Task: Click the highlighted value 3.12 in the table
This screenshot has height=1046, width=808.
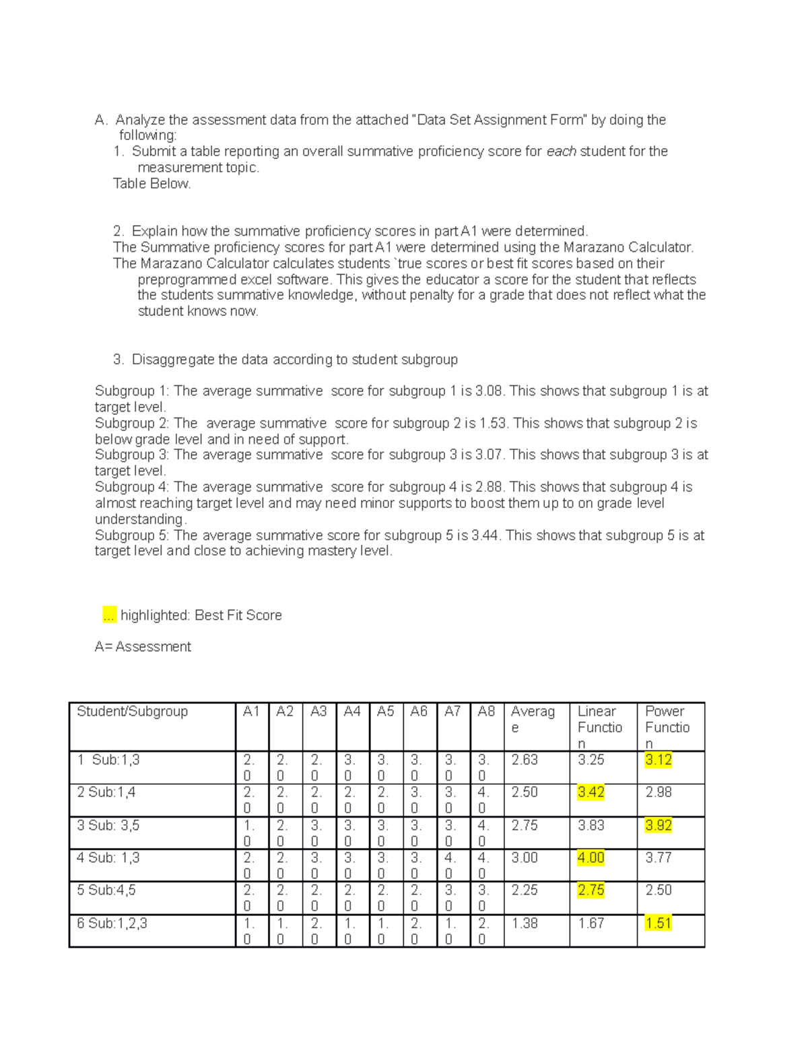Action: (x=658, y=760)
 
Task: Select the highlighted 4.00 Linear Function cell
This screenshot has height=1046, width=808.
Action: (x=591, y=857)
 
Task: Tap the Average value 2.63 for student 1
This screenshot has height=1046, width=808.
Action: (x=524, y=760)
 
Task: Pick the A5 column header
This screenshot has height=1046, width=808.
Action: (x=385, y=711)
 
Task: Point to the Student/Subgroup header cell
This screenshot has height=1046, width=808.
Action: (x=132, y=711)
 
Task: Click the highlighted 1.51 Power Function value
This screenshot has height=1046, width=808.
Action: (x=658, y=923)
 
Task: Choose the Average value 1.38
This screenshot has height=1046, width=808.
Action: (x=524, y=923)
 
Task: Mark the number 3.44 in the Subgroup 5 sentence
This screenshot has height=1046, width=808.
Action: (x=485, y=535)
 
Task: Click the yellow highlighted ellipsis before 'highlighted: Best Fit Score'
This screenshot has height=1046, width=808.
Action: (x=109, y=615)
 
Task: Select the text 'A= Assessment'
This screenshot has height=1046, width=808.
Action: (x=143, y=647)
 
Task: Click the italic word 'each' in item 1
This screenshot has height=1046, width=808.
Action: (x=561, y=152)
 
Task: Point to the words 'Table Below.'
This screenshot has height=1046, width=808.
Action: (x=151, y=183)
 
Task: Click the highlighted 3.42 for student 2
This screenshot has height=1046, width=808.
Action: (x=591, y=792)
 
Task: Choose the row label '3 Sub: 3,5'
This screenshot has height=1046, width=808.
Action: (x=108, y=825)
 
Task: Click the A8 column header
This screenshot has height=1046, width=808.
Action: (x=485, y=711)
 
